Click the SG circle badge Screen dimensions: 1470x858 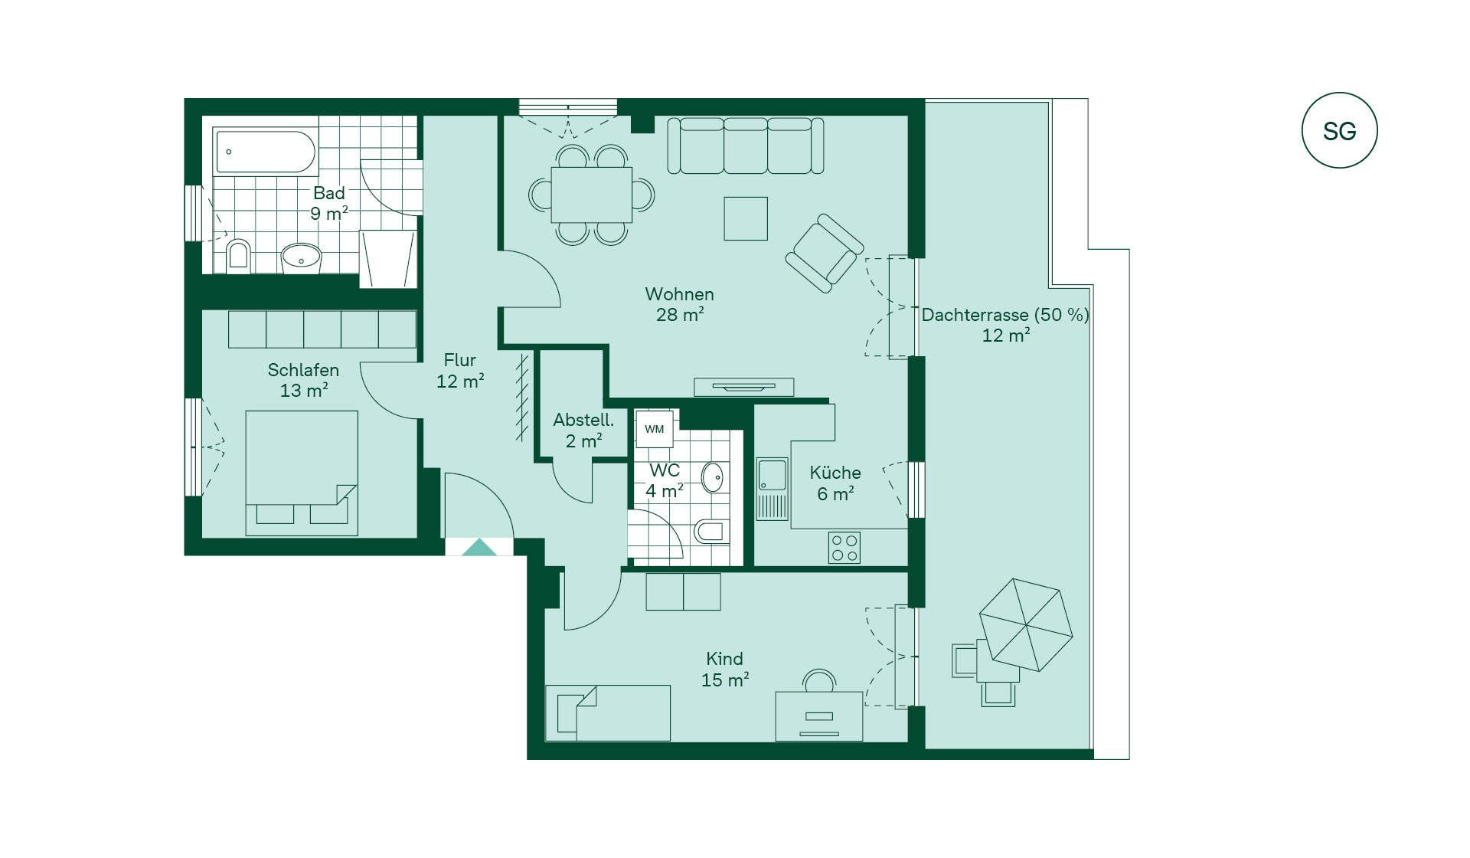pyautogui.click(x=1339, y=130)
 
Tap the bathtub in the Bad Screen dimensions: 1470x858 pyautogui.click(x=265, y=152)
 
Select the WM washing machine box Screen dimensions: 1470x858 pyautogui.click(x=654, y=429)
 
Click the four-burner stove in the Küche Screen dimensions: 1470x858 pyautogui.click(x=844, y=548)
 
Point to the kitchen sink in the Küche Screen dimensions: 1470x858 pyautogui.click(x=772, y=489)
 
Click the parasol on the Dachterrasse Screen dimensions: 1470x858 pyautogui.click(x=1025, y=624)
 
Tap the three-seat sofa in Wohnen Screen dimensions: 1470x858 pyautogui.click(x=746, y=146)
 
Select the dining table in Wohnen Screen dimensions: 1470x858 pyautogui.click(x=592, y=195)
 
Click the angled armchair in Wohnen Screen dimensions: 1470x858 pyautogui.click(x=825, y=253)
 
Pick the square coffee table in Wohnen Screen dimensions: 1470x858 pyautogui.click(x=746, y=218)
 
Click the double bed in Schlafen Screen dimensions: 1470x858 pyautogui.click(x=302, y=473)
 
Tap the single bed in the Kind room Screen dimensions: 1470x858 pyautogui.click(x=608, y=713)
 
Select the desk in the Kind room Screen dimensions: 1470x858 pyautogui.click(x=819, y=716)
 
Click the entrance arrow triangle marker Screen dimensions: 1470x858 pyautogui.click(x=479, y=547)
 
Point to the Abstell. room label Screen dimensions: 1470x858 pyautogui.click(x=583, y=420)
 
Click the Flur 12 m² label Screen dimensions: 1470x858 pyautogui.click(x=460, y=371)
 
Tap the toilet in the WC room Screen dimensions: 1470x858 pyautogui.click(x=711, y=531)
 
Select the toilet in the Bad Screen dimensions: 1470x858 pyautogui.click(x=238, y=256)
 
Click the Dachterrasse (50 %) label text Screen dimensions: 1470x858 pyautogui.click(x=1005, y=315)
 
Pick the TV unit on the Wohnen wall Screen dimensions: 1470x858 pyautogui.click(x=743, y=387)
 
